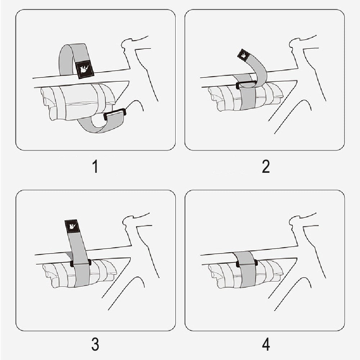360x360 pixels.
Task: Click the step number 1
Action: pyautogui.click(x=95, y=166)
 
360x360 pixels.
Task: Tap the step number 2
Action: pyautogui.click(x=266, y=166)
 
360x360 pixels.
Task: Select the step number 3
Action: pyautogui.click(x=95, y=344)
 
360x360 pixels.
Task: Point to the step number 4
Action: pyautogui.click(x=266, y=344)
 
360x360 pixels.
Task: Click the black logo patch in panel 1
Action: pyautogui.click(x=85, y=69)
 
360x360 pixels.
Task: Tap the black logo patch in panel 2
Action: pyautogui.click(x=243, y=55)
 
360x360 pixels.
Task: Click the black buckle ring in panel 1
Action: pyautogui.click(x=114, y=114)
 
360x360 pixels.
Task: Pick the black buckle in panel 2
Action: pyautogui.click(x=246, y=84)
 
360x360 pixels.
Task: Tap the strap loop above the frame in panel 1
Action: pyautogui.click(x=73, y=60)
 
